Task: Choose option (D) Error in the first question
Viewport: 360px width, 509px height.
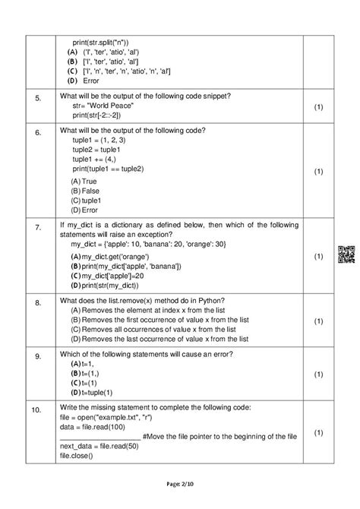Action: (83, 80)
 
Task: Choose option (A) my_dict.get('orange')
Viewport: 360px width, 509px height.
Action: (110, 258)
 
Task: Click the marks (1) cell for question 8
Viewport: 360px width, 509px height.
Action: (318, 319)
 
